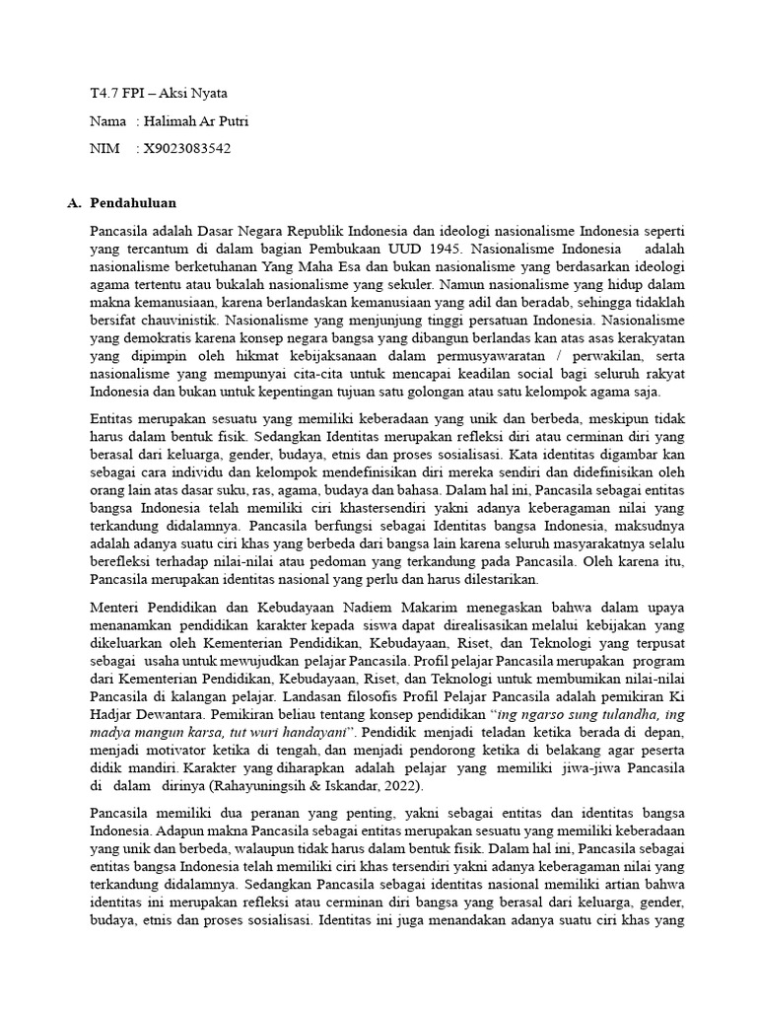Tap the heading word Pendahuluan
133,203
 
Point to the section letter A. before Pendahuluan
74,203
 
